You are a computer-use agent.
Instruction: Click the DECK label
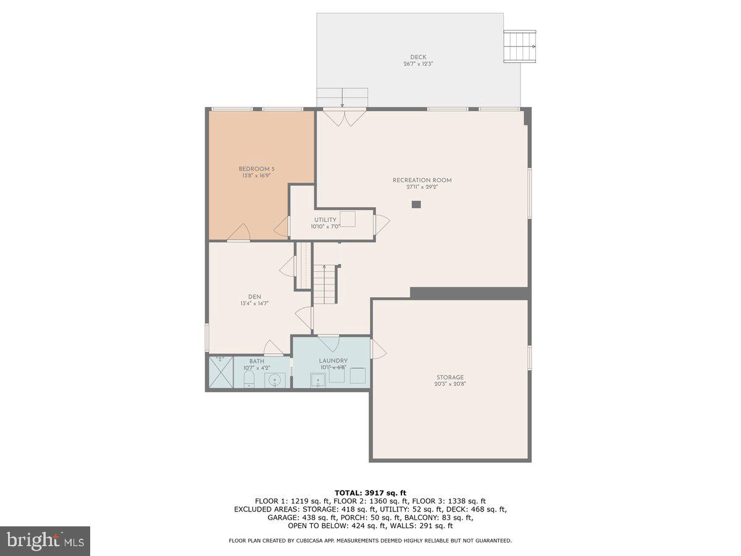(418, 57)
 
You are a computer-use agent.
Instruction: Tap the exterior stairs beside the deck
(519, 47)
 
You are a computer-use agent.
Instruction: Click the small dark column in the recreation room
(416, 204)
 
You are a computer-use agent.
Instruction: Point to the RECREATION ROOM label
(422, 180)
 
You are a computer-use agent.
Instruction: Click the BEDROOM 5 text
(256, 169)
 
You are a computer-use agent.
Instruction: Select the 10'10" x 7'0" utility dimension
(325, 227)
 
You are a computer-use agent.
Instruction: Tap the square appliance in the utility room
(348, 219)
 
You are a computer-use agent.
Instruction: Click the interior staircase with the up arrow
(324, 284)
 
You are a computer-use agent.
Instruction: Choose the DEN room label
(254, 297)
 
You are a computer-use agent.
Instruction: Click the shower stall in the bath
(220, 372)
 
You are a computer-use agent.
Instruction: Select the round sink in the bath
(273, 379)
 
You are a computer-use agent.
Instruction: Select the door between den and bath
(273, 348)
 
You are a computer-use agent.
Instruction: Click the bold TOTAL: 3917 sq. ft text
(370, 492)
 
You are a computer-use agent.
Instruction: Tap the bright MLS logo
(45, 541)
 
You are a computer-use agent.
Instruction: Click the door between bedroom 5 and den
(238, 233)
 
